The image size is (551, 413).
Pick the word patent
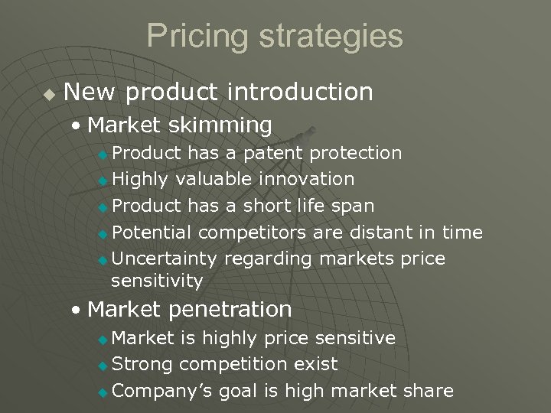pos(273,154)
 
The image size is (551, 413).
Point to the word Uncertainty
pos(165,259)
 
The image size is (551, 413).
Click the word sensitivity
pos(157,281)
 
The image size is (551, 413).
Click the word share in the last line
pos(429,391)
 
